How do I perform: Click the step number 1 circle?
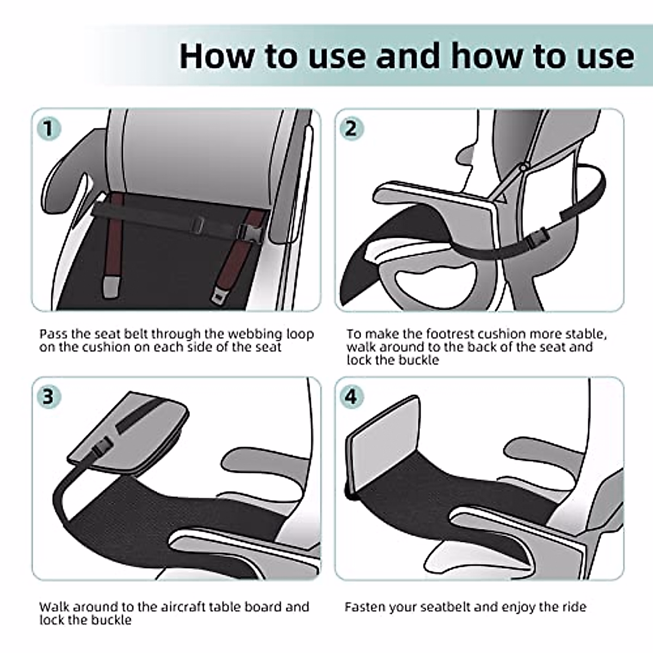pos(49,129)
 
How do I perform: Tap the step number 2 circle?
pos(352,129)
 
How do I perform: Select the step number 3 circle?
pos(49,397)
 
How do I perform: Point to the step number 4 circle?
pos(352,397)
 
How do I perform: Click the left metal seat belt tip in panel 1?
pos(110,286)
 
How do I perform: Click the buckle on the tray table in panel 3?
pos(102,446)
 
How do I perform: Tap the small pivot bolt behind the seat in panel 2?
pos(523,167)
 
